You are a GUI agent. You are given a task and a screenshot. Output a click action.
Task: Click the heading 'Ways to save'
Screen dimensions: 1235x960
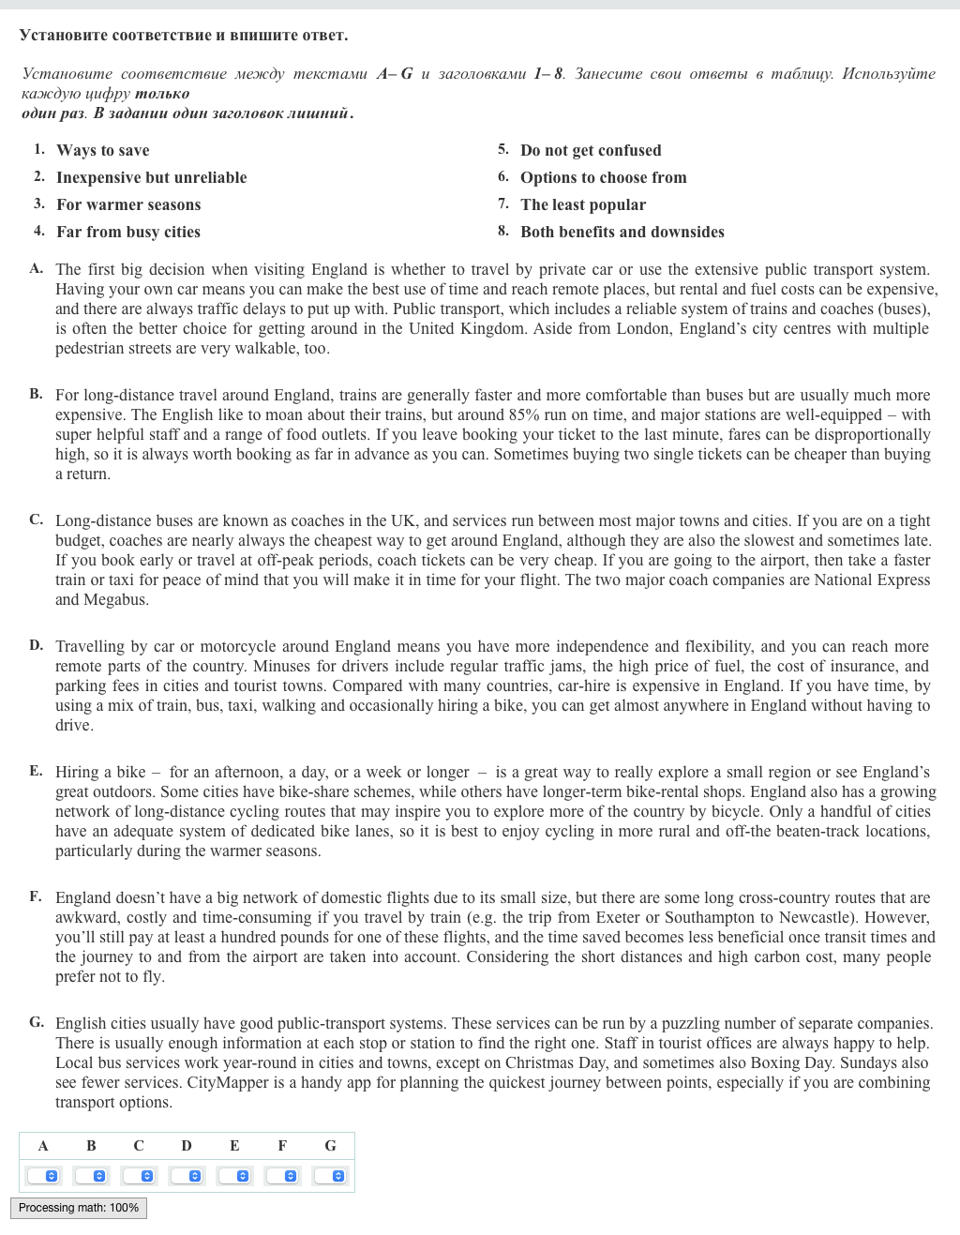coord(102,150)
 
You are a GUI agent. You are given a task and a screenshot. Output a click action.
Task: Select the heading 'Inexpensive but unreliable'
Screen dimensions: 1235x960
coord(151,177)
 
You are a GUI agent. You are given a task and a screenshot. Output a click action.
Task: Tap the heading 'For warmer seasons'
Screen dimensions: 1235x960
coord(128,204)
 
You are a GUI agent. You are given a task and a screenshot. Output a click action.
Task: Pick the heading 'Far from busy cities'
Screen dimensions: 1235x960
coord(128,232)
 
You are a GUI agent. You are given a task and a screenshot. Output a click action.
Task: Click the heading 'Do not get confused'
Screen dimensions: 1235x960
coord(591,150)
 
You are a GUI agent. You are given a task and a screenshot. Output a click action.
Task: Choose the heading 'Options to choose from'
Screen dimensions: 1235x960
coord(604,177)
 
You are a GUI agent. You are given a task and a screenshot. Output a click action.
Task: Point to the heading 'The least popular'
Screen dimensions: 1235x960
coord(583,204)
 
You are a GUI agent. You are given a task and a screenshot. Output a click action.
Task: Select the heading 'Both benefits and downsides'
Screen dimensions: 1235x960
coord(622,232)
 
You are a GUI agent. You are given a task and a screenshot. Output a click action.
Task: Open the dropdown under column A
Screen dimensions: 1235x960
coord(43,1176)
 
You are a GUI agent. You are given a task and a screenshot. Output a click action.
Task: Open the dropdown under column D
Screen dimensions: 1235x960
coord(187,1176)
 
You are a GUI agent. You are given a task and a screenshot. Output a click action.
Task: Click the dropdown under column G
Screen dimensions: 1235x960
coord(330,1176)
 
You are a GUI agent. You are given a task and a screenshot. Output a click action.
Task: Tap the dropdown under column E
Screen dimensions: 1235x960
coord(234,1176)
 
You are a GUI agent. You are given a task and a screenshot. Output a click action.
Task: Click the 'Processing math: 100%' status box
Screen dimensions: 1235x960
coord(79,1208)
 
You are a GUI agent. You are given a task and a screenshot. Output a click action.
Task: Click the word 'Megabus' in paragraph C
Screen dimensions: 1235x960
coord(117,600)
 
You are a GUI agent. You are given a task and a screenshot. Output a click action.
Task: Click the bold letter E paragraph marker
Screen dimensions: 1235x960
coord(36,771)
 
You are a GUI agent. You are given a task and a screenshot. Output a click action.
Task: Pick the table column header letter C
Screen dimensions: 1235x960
coord(139,1146)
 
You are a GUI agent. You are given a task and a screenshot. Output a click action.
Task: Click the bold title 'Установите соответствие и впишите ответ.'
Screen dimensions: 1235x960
coord(184,36)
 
